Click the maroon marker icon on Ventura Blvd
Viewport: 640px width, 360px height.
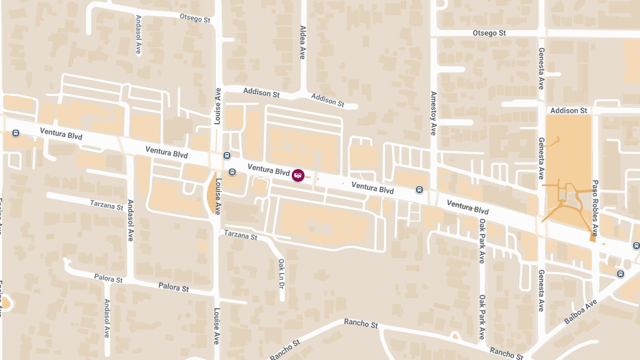click(298, 175)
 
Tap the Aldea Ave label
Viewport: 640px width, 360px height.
click(302, 42)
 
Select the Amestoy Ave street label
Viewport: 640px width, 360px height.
click(433, 113)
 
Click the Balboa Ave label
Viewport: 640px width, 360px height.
click(580, 312)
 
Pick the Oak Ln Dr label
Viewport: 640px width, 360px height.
click(281, 273)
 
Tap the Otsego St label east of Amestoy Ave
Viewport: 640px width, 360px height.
click(489, 33)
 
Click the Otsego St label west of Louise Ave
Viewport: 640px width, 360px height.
click(195, 18)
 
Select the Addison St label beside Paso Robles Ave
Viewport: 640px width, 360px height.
click(569, 110)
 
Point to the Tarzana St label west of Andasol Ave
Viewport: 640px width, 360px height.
click(107, 204)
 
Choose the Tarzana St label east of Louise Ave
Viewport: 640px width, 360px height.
click(241, 234)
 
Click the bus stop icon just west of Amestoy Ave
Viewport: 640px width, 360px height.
click(420, 189)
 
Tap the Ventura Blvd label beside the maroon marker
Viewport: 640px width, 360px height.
click(268, 170)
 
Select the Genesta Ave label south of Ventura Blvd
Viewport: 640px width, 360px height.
click(541, 290)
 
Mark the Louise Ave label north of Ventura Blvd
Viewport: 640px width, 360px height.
click(218, 106)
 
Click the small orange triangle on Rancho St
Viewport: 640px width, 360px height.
click(454, 336)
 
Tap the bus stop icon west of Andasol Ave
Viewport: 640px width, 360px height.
click(16, 133)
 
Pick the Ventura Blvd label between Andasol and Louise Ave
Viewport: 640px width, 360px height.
click(166, 153)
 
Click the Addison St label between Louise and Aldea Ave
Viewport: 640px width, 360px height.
click(261, 92)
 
